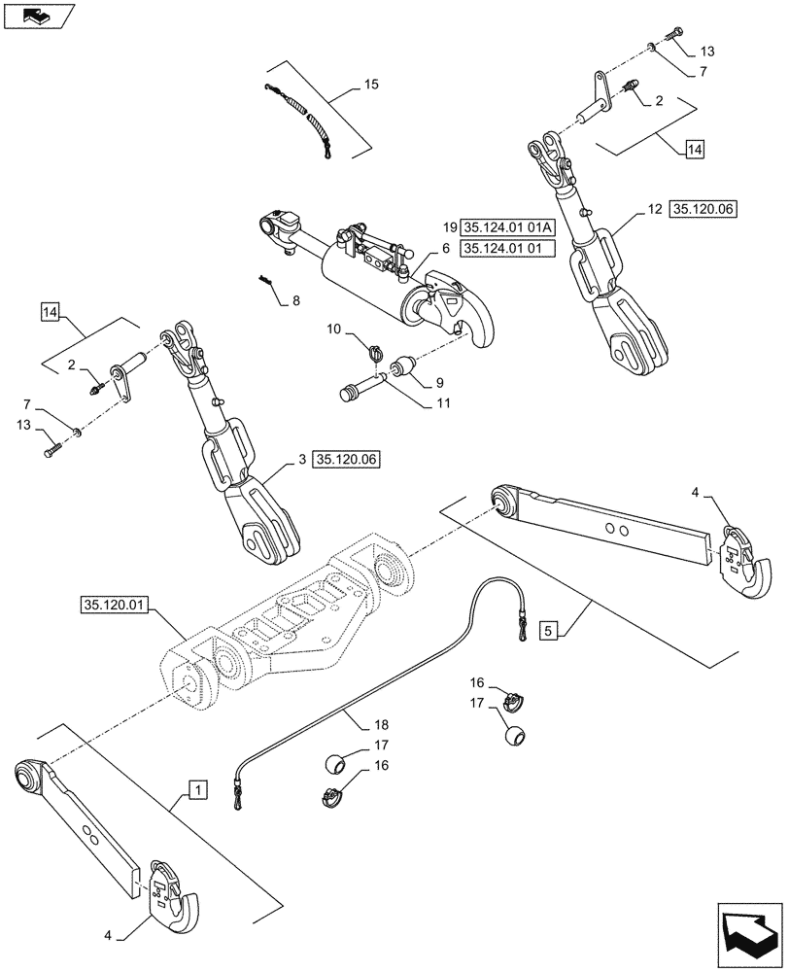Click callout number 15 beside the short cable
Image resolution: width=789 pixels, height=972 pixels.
pos(372,86)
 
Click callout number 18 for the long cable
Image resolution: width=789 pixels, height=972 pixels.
pos(363,725)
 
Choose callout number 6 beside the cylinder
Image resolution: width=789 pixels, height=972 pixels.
pos(446,249)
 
